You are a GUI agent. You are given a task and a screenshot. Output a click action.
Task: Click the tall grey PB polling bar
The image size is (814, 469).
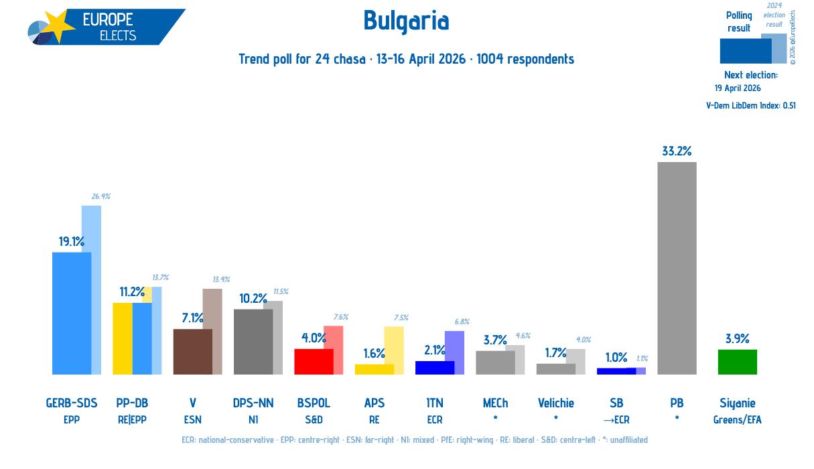pyautogui.click(x=677, y=268)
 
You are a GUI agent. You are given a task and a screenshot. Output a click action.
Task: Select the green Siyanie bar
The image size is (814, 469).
pyautogui.click(x=738, y=362)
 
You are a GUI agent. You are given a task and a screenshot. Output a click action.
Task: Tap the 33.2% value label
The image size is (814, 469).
pyautogui.click(x=677, y=151)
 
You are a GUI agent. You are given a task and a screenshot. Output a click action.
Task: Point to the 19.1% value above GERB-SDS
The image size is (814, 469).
pyautogui.click(x=72, y=241)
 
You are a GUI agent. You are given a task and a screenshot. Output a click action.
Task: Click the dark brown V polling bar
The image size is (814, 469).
pyautogui.click(x=192, y=352)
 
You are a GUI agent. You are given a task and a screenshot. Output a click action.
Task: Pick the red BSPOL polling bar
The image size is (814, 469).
pyautogui.click(x=314, y=362)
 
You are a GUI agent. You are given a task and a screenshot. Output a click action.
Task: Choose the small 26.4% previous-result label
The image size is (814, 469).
pyautogui.click(x=101, y=196)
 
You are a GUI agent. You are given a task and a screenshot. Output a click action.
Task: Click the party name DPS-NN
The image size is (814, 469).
pyautogui.click(x=253, y=403)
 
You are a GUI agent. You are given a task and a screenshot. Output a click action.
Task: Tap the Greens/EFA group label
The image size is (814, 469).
pyautogui.click(x=738, y=420)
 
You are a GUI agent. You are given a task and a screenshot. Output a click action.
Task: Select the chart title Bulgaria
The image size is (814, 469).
pyautogui.click(x=406, y=21)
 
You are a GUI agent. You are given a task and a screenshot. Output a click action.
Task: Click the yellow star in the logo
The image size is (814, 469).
pyautogui.click(x=58, y=25)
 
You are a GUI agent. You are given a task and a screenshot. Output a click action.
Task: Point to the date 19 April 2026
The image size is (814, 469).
pyautogui.click(x=738, y=88)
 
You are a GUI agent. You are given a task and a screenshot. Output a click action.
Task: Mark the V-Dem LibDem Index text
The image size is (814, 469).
pyautogui.click(x=751, y=105)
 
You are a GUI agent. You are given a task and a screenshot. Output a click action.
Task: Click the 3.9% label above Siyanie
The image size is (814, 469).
pyautogui.click(x=738, y=338)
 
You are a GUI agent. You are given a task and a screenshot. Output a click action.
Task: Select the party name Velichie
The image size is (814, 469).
pyautogui.click(x=556, y=403)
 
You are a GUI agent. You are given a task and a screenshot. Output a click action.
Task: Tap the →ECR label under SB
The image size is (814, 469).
pyautogui.click(x=616, y=420)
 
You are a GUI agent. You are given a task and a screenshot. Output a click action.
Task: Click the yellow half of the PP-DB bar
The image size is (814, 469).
pyautogui.click(x=123, y=338)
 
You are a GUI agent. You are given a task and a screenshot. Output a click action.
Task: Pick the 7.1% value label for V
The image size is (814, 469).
pyautogui.click(x=192, y=318)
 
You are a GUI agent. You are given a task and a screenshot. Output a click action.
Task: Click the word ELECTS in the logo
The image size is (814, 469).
pyautogui.click(x=118, y=36)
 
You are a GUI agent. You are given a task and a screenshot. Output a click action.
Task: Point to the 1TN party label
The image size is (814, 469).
pyautogui.click(x=435, y=403)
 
